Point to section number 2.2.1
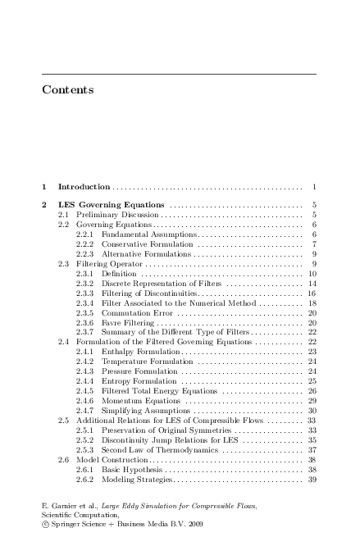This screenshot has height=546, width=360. click(84, 234)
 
